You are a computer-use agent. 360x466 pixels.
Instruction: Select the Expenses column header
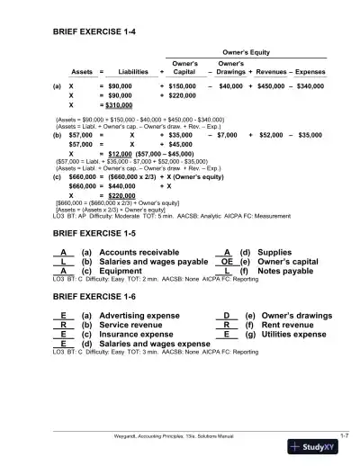point(310,72)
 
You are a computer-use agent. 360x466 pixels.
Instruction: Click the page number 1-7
point(343,435)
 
